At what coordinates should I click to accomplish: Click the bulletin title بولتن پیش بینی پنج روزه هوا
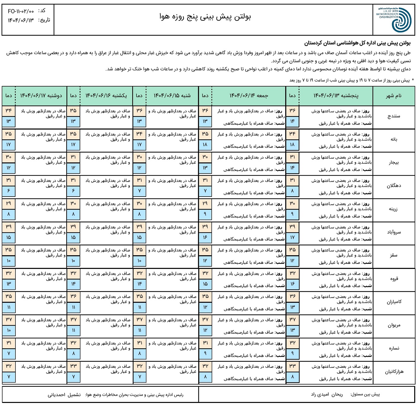tap(205, 17)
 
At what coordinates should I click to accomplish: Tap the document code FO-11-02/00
tap(21, 11)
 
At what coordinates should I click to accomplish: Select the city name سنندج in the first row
tap(394, 116)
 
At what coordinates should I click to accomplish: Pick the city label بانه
tap(394, 139)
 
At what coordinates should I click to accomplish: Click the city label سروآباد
tap(394, 232)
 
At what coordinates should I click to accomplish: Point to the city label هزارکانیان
tap(394, 372)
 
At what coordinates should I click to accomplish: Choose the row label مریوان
tap(394, 325)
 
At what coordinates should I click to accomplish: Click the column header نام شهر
tap(394, 96)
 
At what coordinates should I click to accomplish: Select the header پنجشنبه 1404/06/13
tap(336, 96)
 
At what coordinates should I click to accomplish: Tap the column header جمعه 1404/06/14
tap(249, 96)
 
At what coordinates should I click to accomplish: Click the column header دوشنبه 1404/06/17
tap(41, 96)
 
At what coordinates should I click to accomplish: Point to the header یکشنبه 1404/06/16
tap(106, 96)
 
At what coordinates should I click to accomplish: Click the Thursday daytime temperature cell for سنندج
tap(292, 111)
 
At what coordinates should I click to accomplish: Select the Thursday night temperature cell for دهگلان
tap(292, 191)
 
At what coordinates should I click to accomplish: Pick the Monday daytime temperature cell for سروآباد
tap(9, 227)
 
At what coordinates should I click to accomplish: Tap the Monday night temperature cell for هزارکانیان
tap(9, 377)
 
